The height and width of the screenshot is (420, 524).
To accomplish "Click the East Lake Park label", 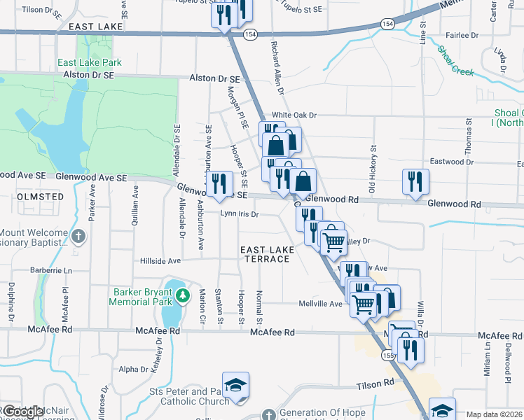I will pyautogui.click(x=90, y=63).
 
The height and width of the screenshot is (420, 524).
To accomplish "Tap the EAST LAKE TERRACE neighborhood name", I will pyautogui.click(x=264, y=254).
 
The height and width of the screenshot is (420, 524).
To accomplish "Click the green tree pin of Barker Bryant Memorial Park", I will pyautogui.click(x=182, y=295).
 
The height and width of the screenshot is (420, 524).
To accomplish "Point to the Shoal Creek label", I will pyautogui.click(x=455, y=61).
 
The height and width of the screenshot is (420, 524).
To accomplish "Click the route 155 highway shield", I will pyautogui.click(x=388, y=356).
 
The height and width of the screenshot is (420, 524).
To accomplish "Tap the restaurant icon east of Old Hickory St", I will pyautogui.click(x=415, y=181).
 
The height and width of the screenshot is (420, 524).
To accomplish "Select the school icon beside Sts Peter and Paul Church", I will pyautogui.click(x=236, y=386).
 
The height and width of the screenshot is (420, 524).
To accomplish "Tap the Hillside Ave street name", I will pyautogui.click(x=160, y=260).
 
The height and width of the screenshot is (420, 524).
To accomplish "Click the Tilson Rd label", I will pyautogui.click(x=379, y=384).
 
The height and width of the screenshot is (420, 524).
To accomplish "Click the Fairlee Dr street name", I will pyautogui.click(x=462, y=34).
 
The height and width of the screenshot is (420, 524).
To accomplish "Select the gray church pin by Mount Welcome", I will pyautogui.click(x=79, y=236).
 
